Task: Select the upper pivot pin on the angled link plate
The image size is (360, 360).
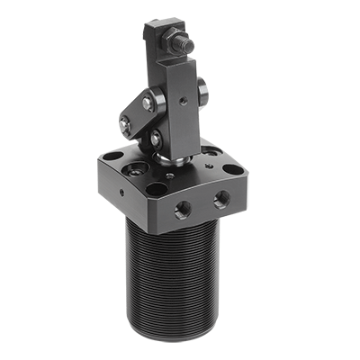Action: [x=148, y=103]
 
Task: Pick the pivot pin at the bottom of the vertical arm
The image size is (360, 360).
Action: [x=157, y=139]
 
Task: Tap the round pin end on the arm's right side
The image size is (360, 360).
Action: [x=202, y=88]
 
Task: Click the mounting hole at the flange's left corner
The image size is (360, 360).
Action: [x=112, y=157]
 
